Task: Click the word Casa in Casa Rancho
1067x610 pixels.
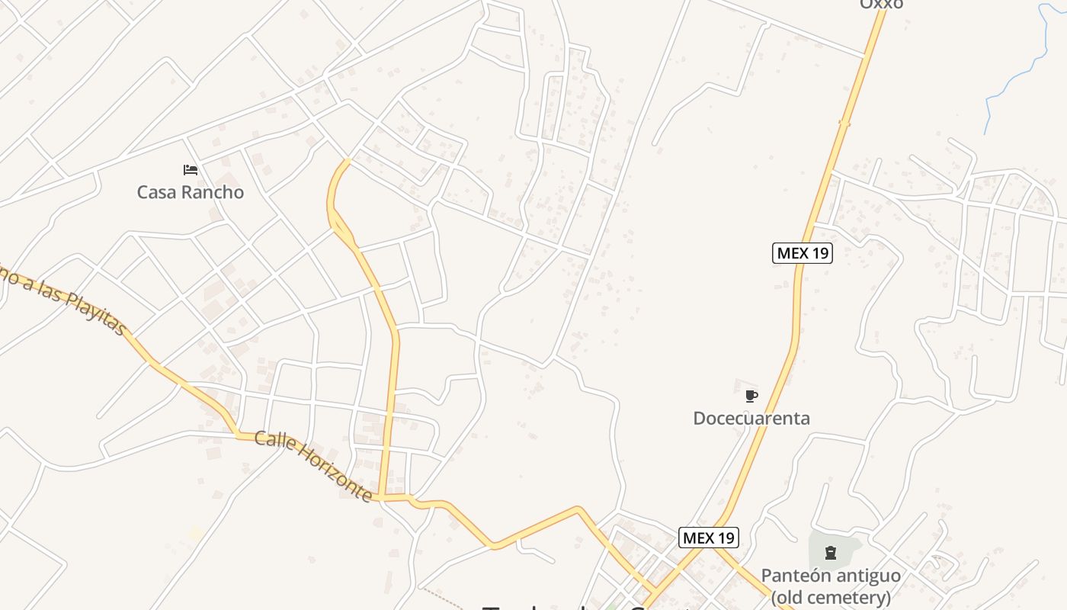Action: point(155,192)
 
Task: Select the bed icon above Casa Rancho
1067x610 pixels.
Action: point(191,169)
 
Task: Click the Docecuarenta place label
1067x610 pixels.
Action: point(751,418)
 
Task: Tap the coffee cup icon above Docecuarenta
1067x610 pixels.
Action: point(751,396)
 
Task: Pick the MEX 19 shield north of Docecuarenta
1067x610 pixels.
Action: point(802,253)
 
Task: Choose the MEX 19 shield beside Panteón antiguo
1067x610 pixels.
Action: point(709,538)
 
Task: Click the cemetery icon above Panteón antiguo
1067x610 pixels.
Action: point(831,552)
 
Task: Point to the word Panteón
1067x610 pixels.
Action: point(795,576)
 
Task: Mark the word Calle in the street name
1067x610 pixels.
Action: point(272,441)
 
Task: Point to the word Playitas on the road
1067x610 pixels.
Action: point(95,311)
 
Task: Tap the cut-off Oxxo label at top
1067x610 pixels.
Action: point(881,5)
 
